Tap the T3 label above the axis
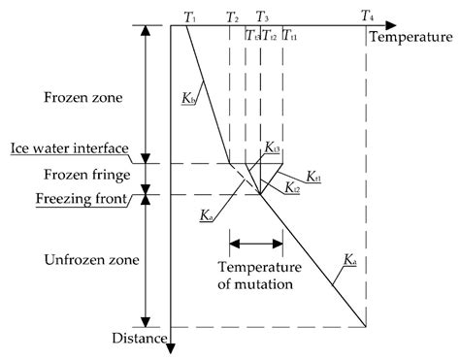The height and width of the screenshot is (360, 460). point(262,16)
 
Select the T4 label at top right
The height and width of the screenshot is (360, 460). point(367,16)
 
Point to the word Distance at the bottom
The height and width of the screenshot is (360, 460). point(137,337)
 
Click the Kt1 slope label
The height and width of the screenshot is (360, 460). point(315,179)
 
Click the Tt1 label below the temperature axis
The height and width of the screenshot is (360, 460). point(289,36)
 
